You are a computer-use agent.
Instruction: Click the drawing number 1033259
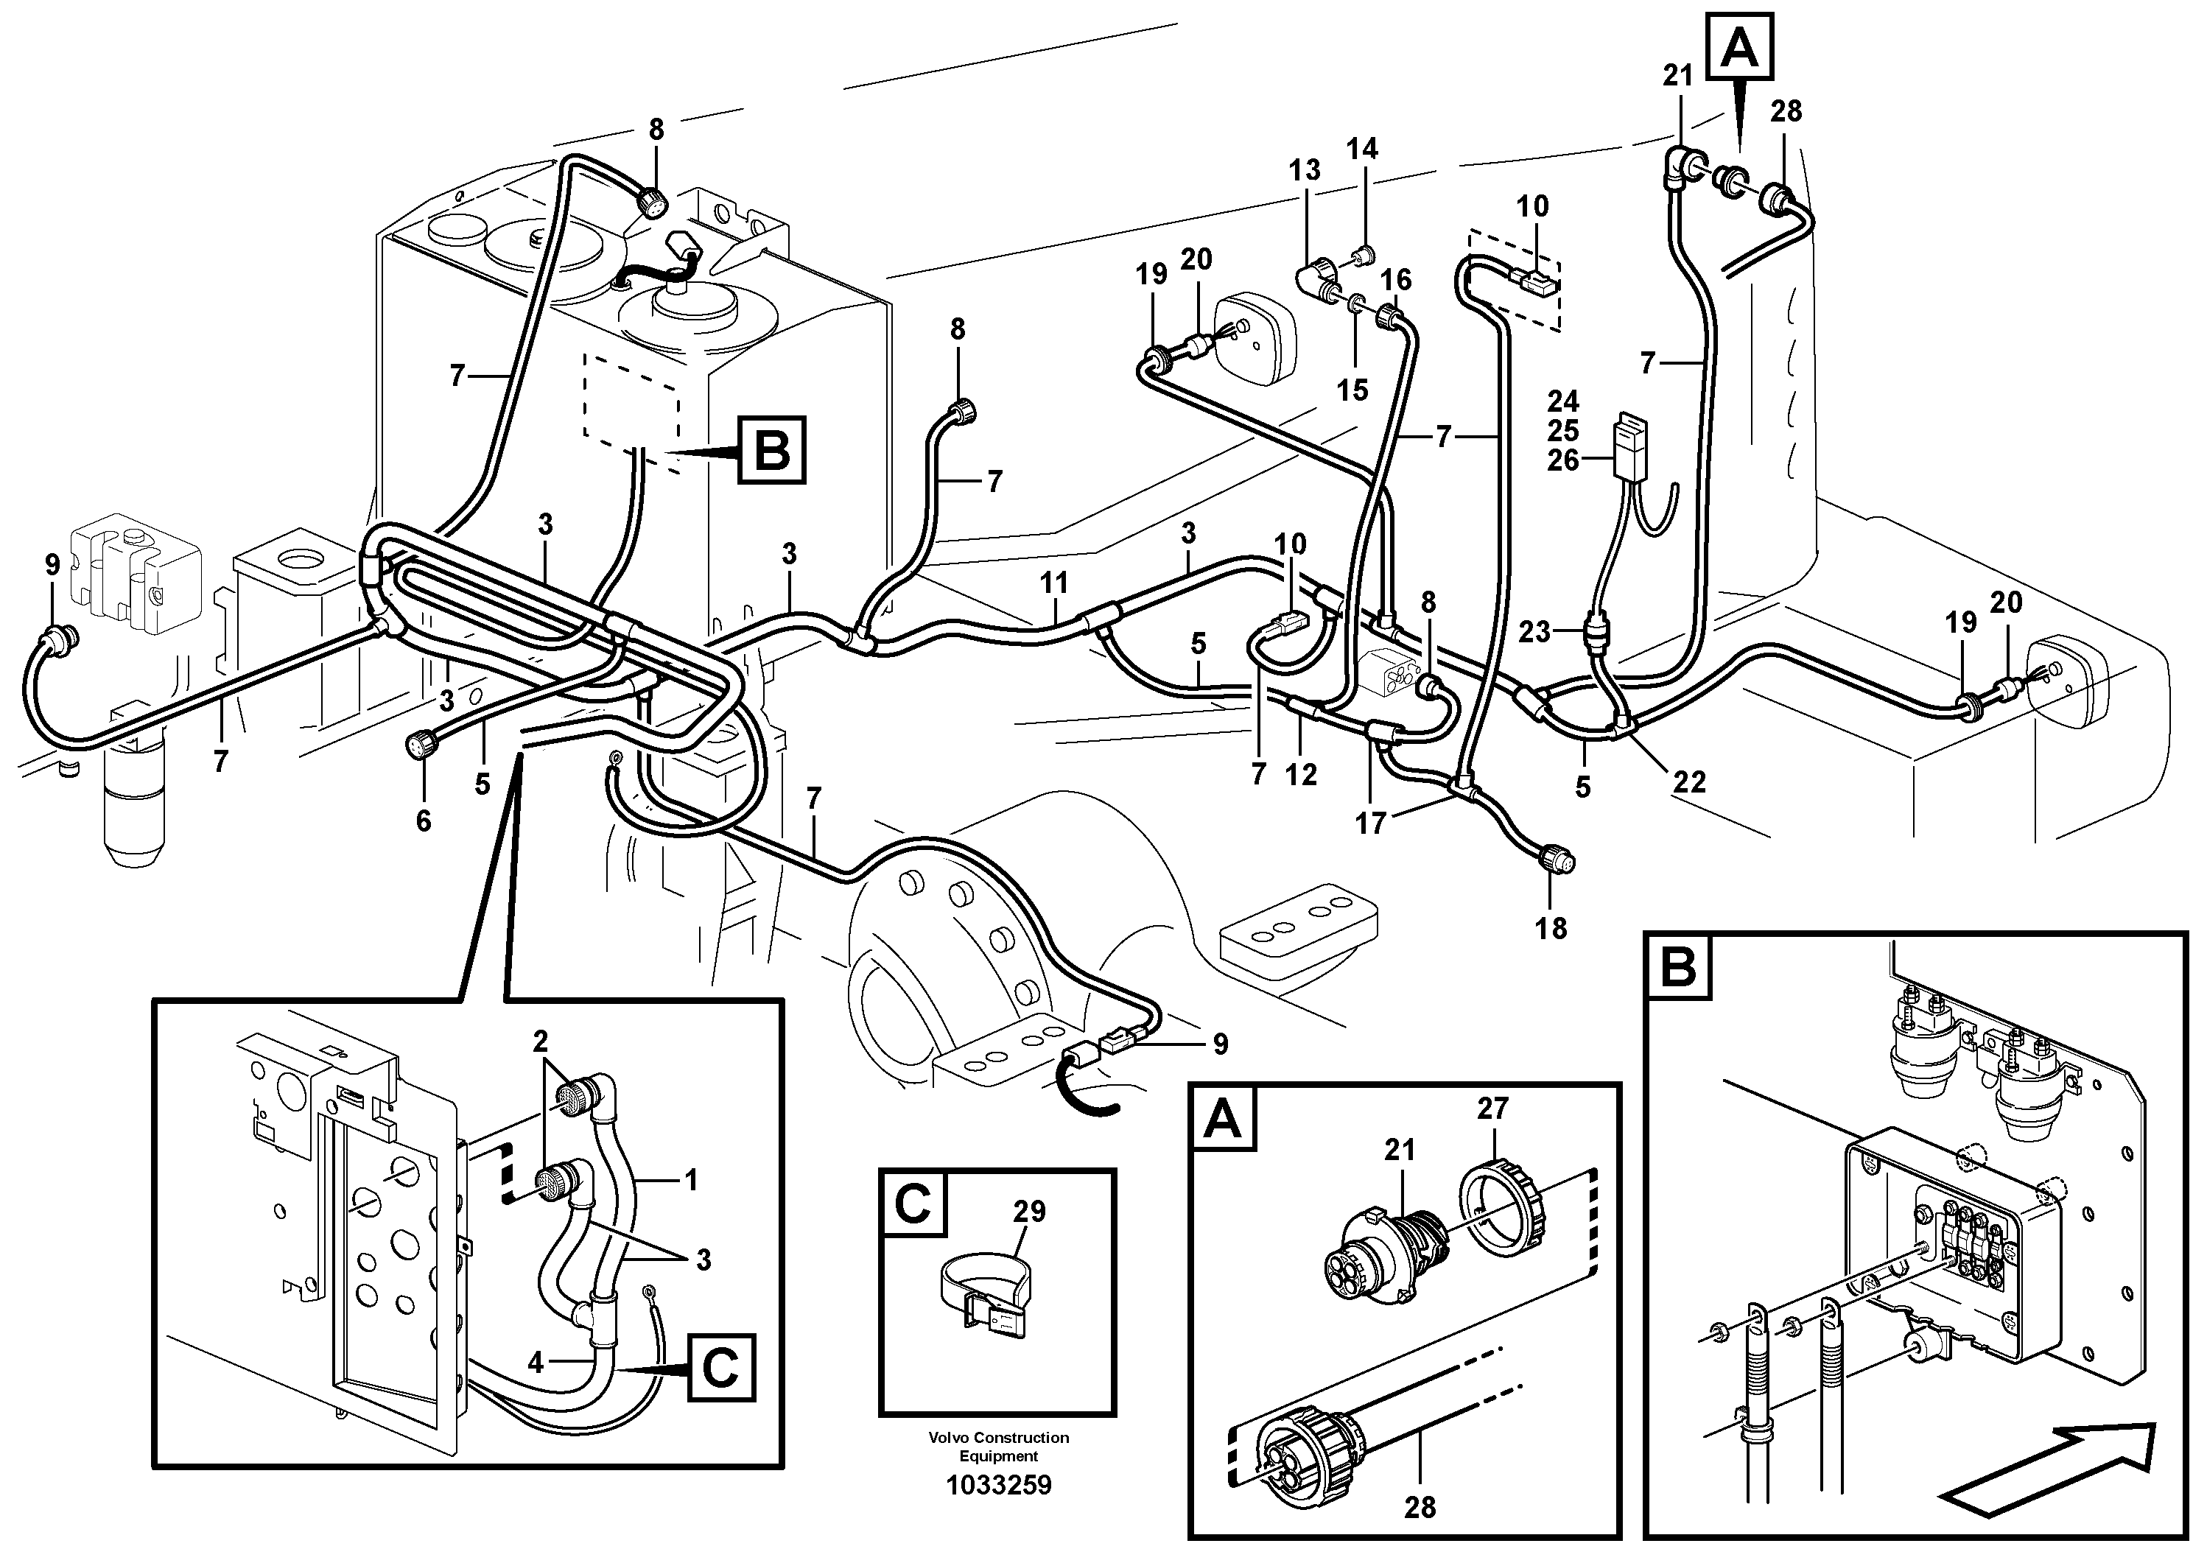pos(998,1485)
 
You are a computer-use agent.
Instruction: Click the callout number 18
pos(1551,927)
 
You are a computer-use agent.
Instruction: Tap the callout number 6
pos(423,821)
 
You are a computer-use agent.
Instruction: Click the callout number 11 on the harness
pos(1054,583)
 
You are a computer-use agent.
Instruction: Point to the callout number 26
pos(1564,460)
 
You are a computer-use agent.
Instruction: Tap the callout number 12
pos(1301,775)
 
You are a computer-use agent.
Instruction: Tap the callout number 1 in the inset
pos(690,1181)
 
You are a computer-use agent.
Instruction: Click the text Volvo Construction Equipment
pos(998,1446)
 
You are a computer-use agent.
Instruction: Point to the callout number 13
pos(1304,170)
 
